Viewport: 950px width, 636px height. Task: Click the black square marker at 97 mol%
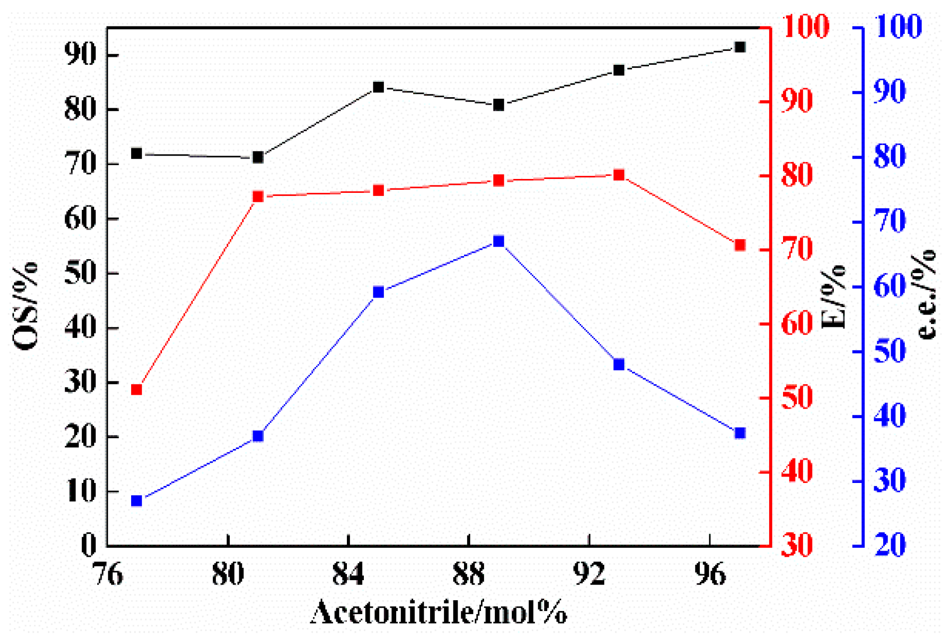740,47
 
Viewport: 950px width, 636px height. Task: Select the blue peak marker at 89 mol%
498,242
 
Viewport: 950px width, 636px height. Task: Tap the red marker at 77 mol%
137,389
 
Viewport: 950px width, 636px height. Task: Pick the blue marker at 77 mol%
137,500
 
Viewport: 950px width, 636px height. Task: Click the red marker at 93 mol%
619,175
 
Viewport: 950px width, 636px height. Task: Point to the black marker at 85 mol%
378,87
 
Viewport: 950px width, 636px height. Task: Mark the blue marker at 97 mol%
740,433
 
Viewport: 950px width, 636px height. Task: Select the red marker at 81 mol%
258,196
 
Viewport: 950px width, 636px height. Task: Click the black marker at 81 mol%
258,158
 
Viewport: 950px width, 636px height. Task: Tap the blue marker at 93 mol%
619,364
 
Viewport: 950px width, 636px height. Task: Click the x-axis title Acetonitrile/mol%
439,612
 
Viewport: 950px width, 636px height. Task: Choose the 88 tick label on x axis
469,574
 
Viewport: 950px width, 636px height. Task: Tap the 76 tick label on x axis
108,574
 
